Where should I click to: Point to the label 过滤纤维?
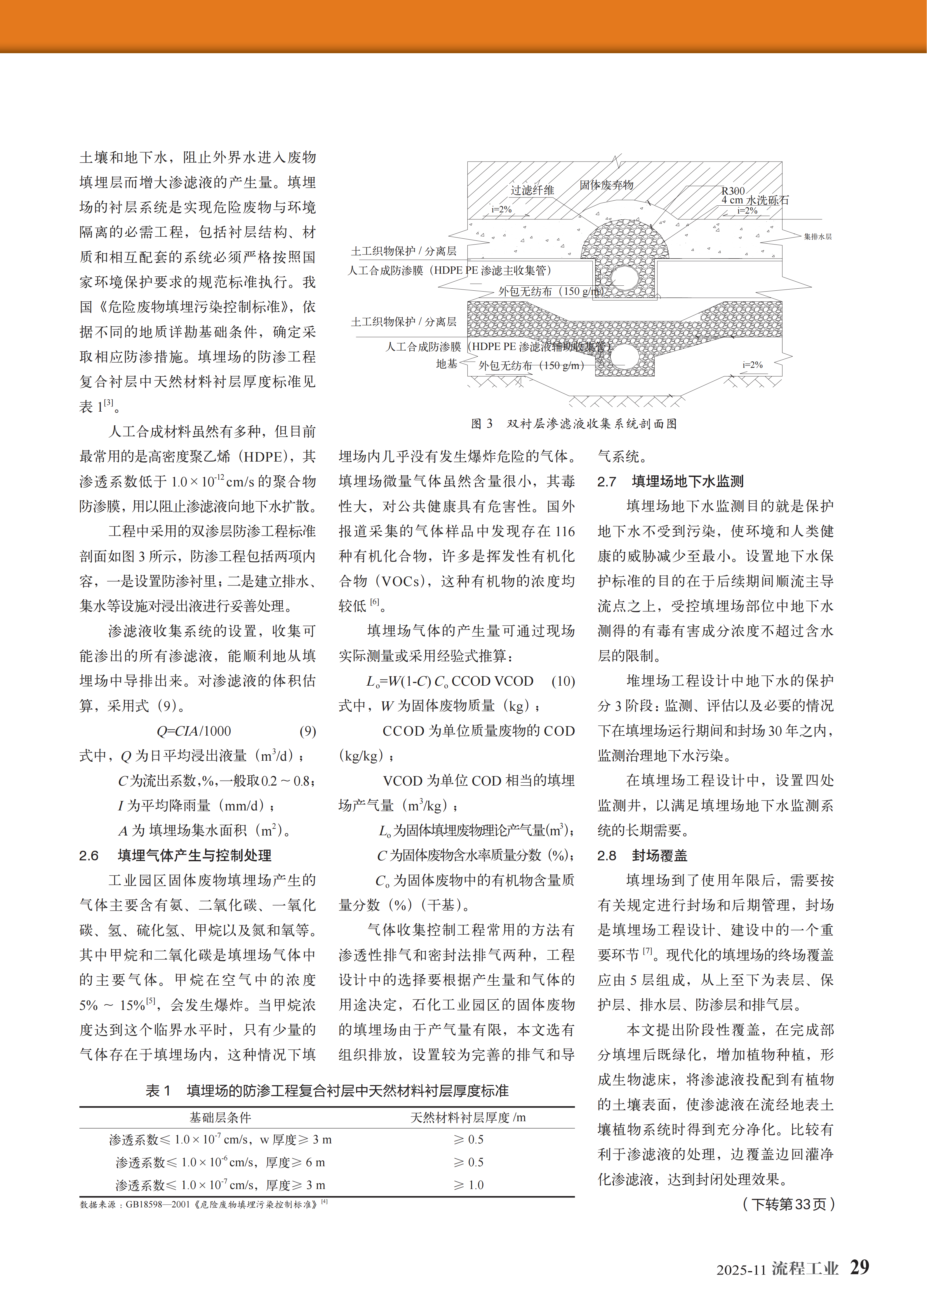click(x=532, y=190)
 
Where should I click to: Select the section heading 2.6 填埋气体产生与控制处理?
click(x=175, y=855)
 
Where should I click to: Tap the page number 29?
click(x=859, y=1267)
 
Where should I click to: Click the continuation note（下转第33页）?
click(x=788, y=1204)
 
